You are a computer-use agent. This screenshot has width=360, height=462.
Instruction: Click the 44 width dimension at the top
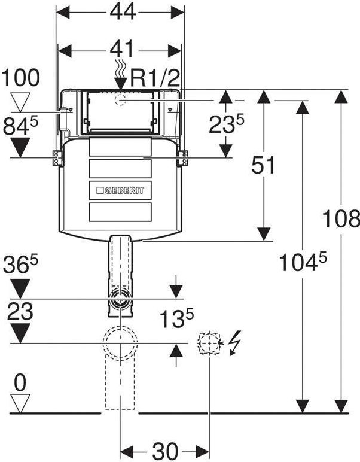[x=123, y=13]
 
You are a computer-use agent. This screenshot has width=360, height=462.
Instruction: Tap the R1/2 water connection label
[x=154, y=78]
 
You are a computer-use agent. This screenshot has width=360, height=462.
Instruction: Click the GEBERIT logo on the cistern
[x=120, y=190]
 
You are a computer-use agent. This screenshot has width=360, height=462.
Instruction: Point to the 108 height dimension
[x=341, y=218]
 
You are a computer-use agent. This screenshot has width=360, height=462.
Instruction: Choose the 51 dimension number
[x=263, y=165]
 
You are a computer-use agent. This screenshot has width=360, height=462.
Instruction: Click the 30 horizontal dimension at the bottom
[x=165, y=451]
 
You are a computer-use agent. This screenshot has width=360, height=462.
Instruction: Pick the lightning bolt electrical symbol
[x=235, y=342]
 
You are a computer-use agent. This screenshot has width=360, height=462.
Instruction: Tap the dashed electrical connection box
[x=209, y=344]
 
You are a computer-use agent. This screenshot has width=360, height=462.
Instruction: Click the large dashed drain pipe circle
[x=120, y=344]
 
